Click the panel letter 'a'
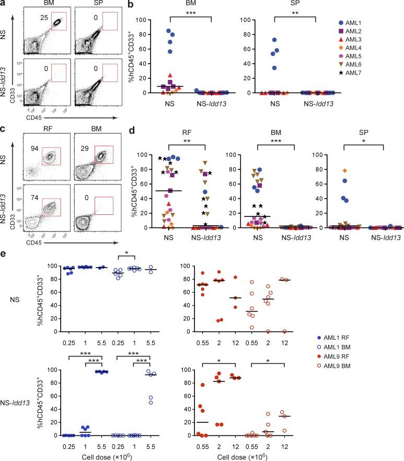pyautogui.click(x=4, y=4)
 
